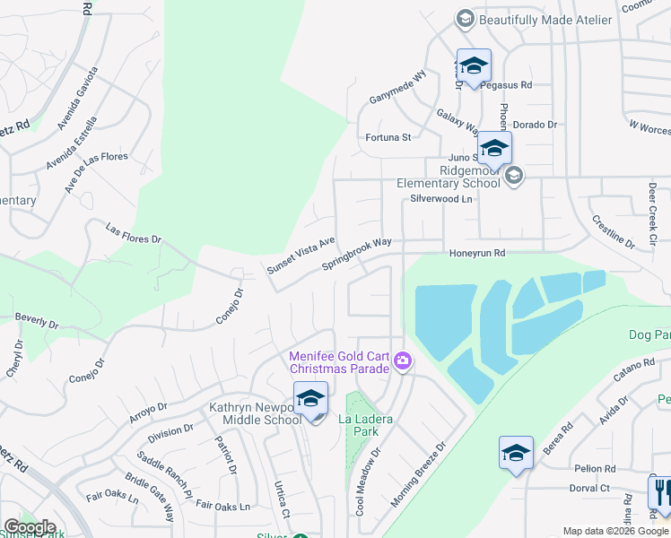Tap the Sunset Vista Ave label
tap(301, 255)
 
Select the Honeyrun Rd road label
tap(477, 254)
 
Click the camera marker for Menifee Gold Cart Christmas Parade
tap(403, 361)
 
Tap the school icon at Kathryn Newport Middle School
tap(310, 398)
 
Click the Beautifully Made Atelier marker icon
tap(465, 19)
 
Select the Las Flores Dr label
tap(133, 234)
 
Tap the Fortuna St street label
tap(388, 137)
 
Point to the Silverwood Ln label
tap(440, 199)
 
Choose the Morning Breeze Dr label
tap(418, 474)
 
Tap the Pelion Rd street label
tap(597, 469)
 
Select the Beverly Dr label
tap(37, 321)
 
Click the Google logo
tap(30, 527)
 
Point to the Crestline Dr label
tap(613, 231)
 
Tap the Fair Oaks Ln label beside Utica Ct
tap(222, 507)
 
